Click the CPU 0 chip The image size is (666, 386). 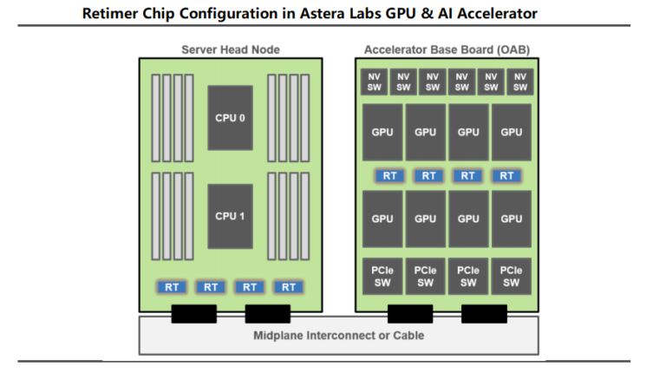tap(230, 118)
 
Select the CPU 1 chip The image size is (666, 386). tap(230, 216)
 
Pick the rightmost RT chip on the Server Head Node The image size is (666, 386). tap(289, 286)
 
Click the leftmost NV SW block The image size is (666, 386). tap(375, 82)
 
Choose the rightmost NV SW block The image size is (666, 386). tap(519, 82)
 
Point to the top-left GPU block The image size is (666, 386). tap(382, 133)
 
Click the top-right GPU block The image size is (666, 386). tap(512, 133)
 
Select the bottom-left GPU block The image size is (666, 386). tap(382, 219)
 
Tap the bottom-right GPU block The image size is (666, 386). tap(512, 219)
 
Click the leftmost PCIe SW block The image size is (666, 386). tap(382, 277)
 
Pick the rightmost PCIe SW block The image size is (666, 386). tap(512, 277)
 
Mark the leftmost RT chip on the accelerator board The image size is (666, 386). tap(390, 175)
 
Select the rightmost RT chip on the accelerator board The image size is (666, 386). tap(506, 175)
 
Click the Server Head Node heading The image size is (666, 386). tap(230, 49)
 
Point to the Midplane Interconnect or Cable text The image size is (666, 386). tap(338, 335)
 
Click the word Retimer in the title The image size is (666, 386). tap(121, 13)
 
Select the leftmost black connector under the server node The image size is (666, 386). tap(193, 313)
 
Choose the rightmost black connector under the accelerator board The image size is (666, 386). tap(484, 313)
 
